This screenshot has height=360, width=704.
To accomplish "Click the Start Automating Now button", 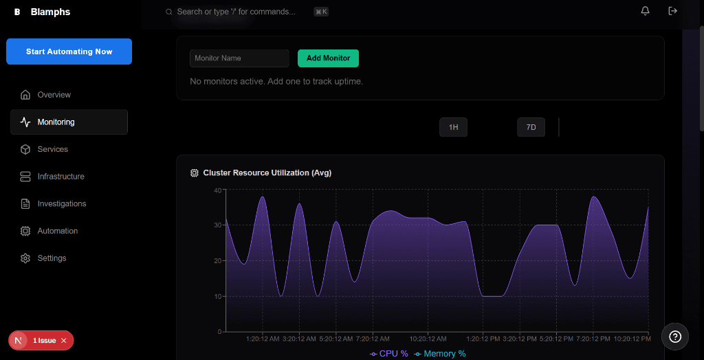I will (x=69, y=52).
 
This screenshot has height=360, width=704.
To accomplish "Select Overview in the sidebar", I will (x=54, y=95).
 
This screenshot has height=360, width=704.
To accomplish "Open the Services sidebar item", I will (x=52, y=149).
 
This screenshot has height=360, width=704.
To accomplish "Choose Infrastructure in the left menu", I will (x=60, y=177).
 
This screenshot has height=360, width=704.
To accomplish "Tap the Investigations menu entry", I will (x=61, y=204).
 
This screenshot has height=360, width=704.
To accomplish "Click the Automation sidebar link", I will (x=57, y=231).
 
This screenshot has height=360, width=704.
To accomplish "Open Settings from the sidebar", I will (x=52, y=258).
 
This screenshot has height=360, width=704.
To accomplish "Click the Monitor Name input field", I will (x=239, y=58).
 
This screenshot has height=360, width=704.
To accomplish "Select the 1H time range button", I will (x=453, y=128).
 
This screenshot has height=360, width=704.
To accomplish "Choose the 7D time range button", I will (x=531, y=128).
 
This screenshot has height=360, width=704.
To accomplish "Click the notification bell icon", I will (x=645, y=11).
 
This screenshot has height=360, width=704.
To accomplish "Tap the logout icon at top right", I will (x=672, y=11).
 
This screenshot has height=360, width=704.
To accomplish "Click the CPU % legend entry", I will (x=389, y=354).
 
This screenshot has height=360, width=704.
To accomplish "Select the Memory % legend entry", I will (x=440, y=354).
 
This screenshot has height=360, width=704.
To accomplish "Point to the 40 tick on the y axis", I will (x=218, y=190).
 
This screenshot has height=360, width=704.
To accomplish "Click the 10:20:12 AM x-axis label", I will (x=428, y=339).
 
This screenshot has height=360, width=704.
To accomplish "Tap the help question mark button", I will (x=675, y=336).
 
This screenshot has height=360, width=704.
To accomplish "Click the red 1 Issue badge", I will (x=41, y=341).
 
